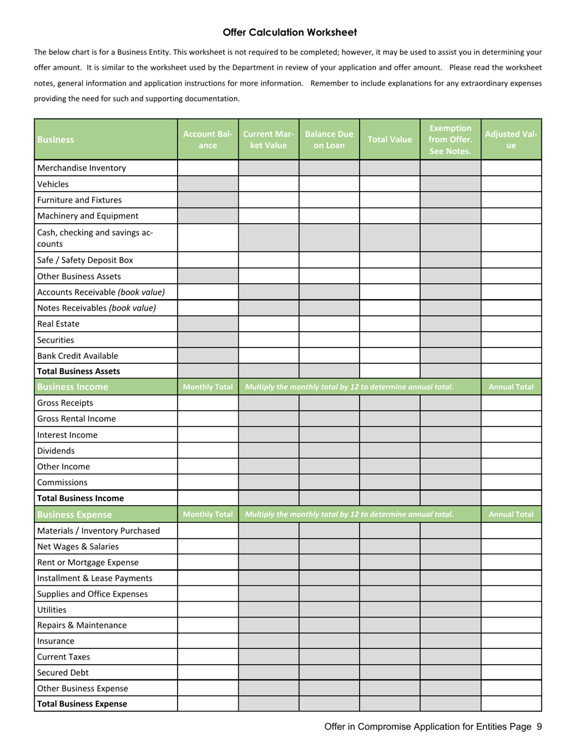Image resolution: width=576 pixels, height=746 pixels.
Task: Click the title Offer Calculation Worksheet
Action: pos(289,33)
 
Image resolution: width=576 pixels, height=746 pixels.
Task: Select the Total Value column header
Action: pos(389,139)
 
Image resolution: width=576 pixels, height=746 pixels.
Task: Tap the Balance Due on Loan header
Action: pos(329,139)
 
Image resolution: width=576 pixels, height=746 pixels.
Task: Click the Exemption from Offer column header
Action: pos(450,139)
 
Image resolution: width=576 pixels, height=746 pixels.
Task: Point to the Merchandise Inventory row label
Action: pos(81,168)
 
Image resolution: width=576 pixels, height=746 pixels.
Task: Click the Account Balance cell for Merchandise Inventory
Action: pos(208,168)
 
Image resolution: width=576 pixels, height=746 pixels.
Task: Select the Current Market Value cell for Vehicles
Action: pos(269,184)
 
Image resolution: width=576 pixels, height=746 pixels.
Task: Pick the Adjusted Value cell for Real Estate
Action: pos(511,324)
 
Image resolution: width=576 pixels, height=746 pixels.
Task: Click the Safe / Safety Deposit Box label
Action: pos(85,260)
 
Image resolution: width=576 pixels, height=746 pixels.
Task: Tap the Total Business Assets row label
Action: pos(78,371)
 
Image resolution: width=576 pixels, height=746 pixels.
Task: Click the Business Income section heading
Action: pos(73,387)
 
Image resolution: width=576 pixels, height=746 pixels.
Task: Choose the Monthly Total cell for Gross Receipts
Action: pos(208,403)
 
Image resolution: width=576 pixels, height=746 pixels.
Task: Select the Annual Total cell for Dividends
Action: pos(511,451)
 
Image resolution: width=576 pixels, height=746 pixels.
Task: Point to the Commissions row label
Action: pos(62,483)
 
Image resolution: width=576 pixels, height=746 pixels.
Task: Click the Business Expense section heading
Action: pos(74,514)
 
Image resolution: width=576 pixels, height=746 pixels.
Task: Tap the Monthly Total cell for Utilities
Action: pos(208,610)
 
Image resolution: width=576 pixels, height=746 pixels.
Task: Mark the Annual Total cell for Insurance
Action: pos(511,641)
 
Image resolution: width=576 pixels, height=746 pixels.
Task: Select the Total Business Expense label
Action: pos(82,704)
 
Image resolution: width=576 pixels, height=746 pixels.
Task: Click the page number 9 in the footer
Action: pos(539,727)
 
